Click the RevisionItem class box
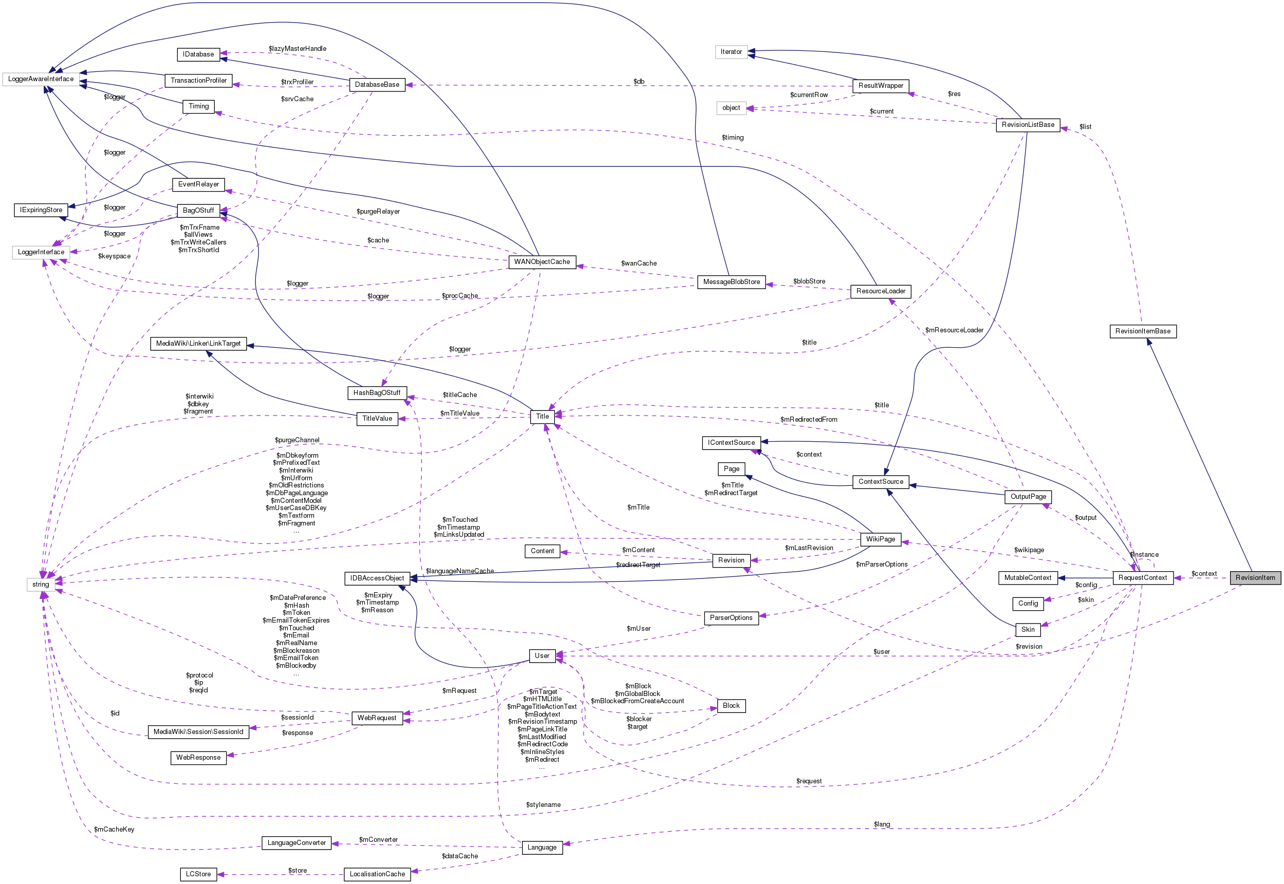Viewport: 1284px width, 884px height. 1255,578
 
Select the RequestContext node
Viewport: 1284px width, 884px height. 1142,578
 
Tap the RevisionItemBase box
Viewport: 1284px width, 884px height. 1143,331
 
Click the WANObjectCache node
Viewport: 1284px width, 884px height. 542,262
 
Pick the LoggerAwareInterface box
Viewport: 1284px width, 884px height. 41,79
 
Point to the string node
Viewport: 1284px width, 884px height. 41,585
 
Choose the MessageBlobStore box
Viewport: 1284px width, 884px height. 731,282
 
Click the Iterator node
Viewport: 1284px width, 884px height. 731,52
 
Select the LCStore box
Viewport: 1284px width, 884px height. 198,874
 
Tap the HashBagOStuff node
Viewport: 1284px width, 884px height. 377,393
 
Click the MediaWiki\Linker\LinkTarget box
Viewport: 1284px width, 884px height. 198,344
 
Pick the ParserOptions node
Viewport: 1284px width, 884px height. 731,617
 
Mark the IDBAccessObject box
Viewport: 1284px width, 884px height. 377,578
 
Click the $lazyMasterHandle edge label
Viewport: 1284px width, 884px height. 297,49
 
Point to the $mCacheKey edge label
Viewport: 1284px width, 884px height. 114,829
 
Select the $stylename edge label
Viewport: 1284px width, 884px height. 544,805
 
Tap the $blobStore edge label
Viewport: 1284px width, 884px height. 809,281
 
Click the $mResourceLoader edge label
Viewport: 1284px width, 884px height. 954,330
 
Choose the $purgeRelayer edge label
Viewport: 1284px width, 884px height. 378,212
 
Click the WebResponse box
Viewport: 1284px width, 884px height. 198,758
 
